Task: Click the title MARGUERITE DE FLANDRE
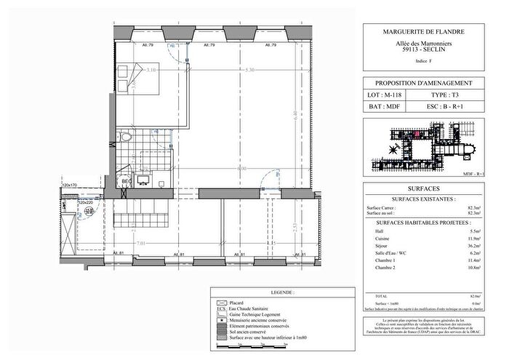(422, 32)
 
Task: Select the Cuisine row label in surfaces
(378, 238)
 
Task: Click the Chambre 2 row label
(380, 268)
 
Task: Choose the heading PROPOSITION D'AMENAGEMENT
(422, 84)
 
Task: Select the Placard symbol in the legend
(221, 302)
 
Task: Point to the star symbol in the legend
(221, 320)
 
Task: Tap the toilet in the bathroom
(127, 137)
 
